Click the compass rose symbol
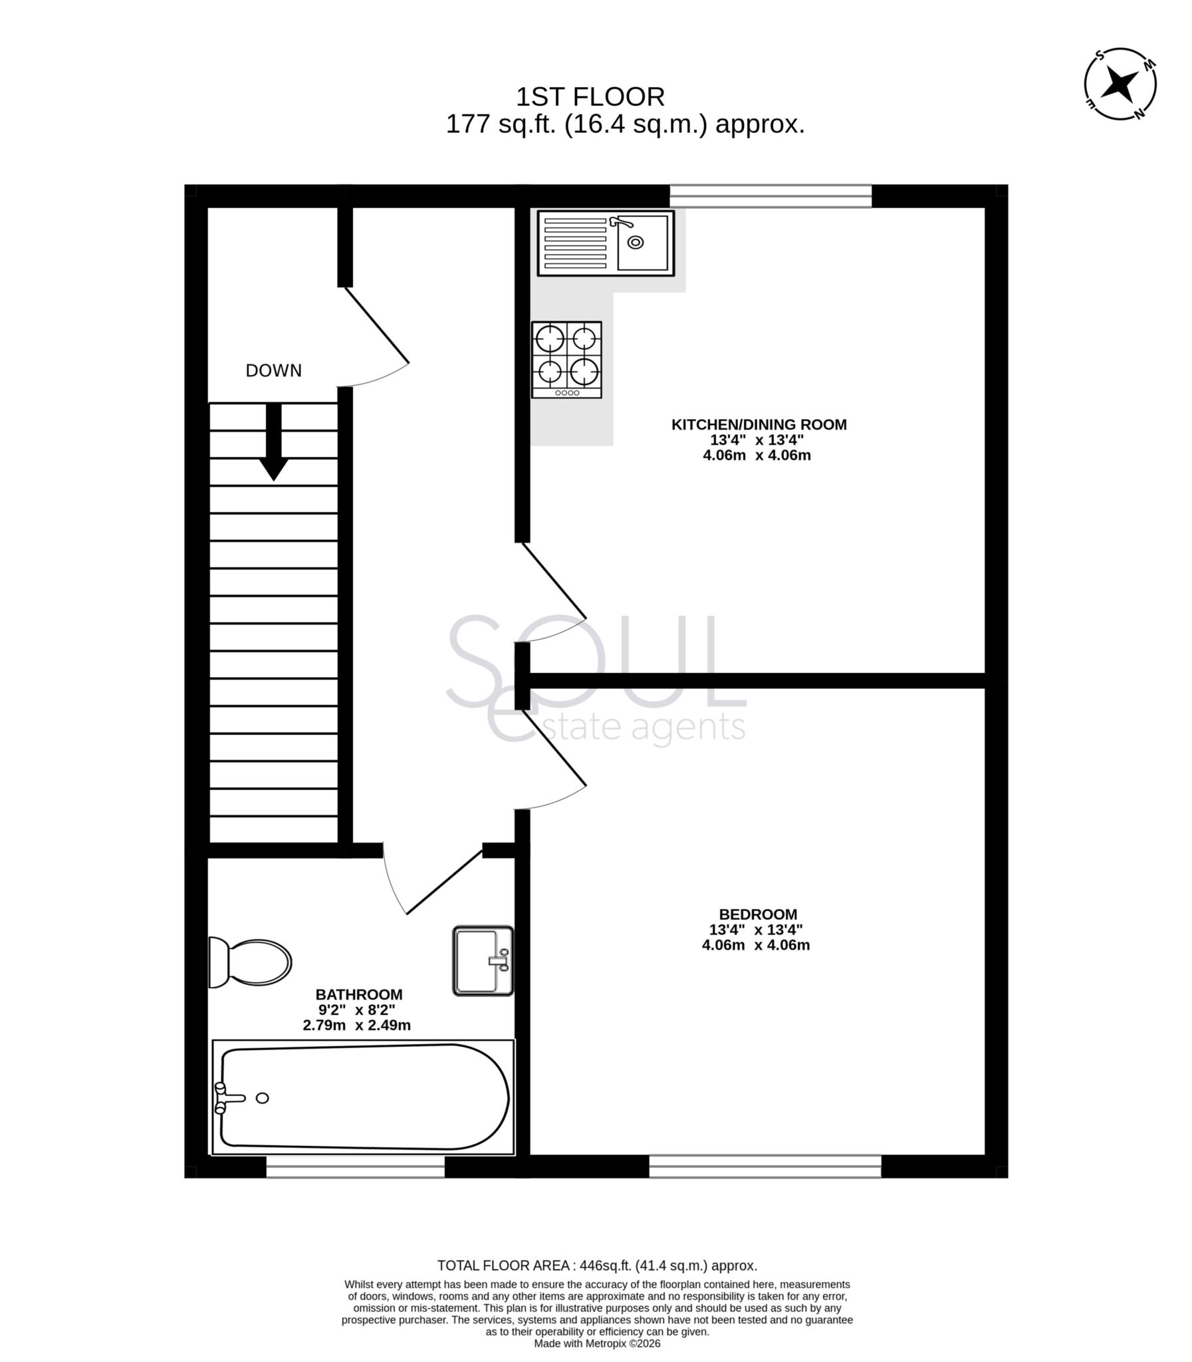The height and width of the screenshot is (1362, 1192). pos(1120,84)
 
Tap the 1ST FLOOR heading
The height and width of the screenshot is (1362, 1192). pos(590,97)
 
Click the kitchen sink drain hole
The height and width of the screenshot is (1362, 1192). pos(636,242)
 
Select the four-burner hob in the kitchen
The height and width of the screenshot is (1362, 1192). pos(566,359)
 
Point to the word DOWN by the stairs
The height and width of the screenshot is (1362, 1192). pos(273,370)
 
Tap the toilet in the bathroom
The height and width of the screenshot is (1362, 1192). pos(249,962)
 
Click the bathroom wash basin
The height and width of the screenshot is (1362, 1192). pos(483,961)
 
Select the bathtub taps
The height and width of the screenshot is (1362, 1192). pos(223,1098)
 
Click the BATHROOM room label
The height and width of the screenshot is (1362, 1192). pos(358,994)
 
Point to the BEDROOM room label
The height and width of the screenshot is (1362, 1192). pos(758,914)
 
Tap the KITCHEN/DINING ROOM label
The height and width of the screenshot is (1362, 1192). pos(759,424)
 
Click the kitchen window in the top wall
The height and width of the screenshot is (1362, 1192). pos(771,196)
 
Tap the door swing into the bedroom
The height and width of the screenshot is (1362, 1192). pos(555,759)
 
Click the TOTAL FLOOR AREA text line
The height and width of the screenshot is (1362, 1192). pos(597,1266)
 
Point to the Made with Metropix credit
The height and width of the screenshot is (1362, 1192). pos(597,1343)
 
